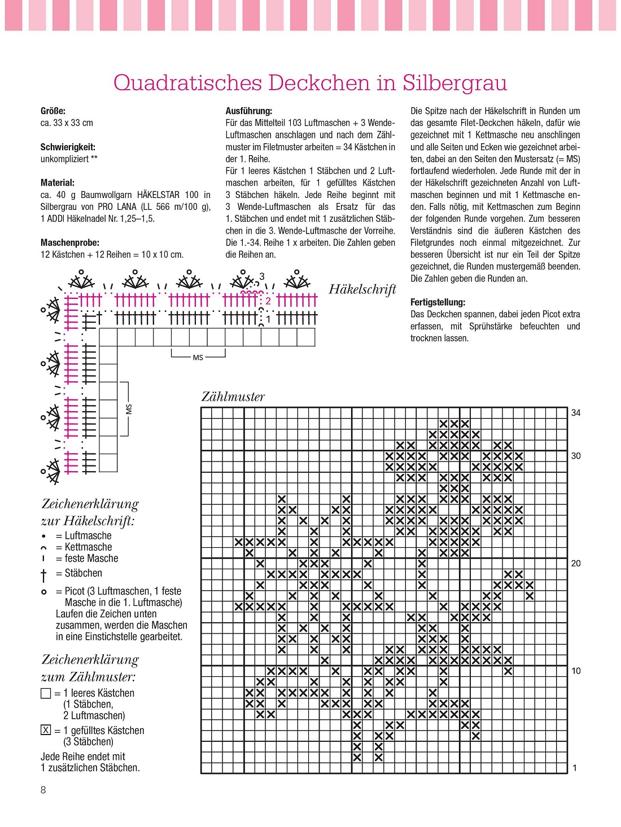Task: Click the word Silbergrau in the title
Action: tap(454, 83)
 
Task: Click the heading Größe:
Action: tap(53, 111)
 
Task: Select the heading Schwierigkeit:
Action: tap(68, 147)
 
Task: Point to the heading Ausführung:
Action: tap(249, 111)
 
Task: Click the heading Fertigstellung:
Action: tap(438, 302)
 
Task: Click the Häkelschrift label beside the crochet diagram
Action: tap(362, 289)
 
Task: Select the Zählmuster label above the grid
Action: tap(233, 397)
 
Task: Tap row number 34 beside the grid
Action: tap(576, 413)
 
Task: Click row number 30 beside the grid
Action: tap(576, 456)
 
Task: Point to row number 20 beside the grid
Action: tap(576, 564)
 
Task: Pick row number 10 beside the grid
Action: tap(576, 671)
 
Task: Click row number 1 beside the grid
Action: tap(575, 768)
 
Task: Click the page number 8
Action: tap(43, 790)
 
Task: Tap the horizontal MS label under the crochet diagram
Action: tap(198, 358)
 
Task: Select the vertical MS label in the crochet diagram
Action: tap(129, 409)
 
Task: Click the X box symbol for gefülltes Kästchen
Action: tap(46, 730)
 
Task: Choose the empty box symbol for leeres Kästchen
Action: tap(46, 693)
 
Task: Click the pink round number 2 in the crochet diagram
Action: tap(268, 301)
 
